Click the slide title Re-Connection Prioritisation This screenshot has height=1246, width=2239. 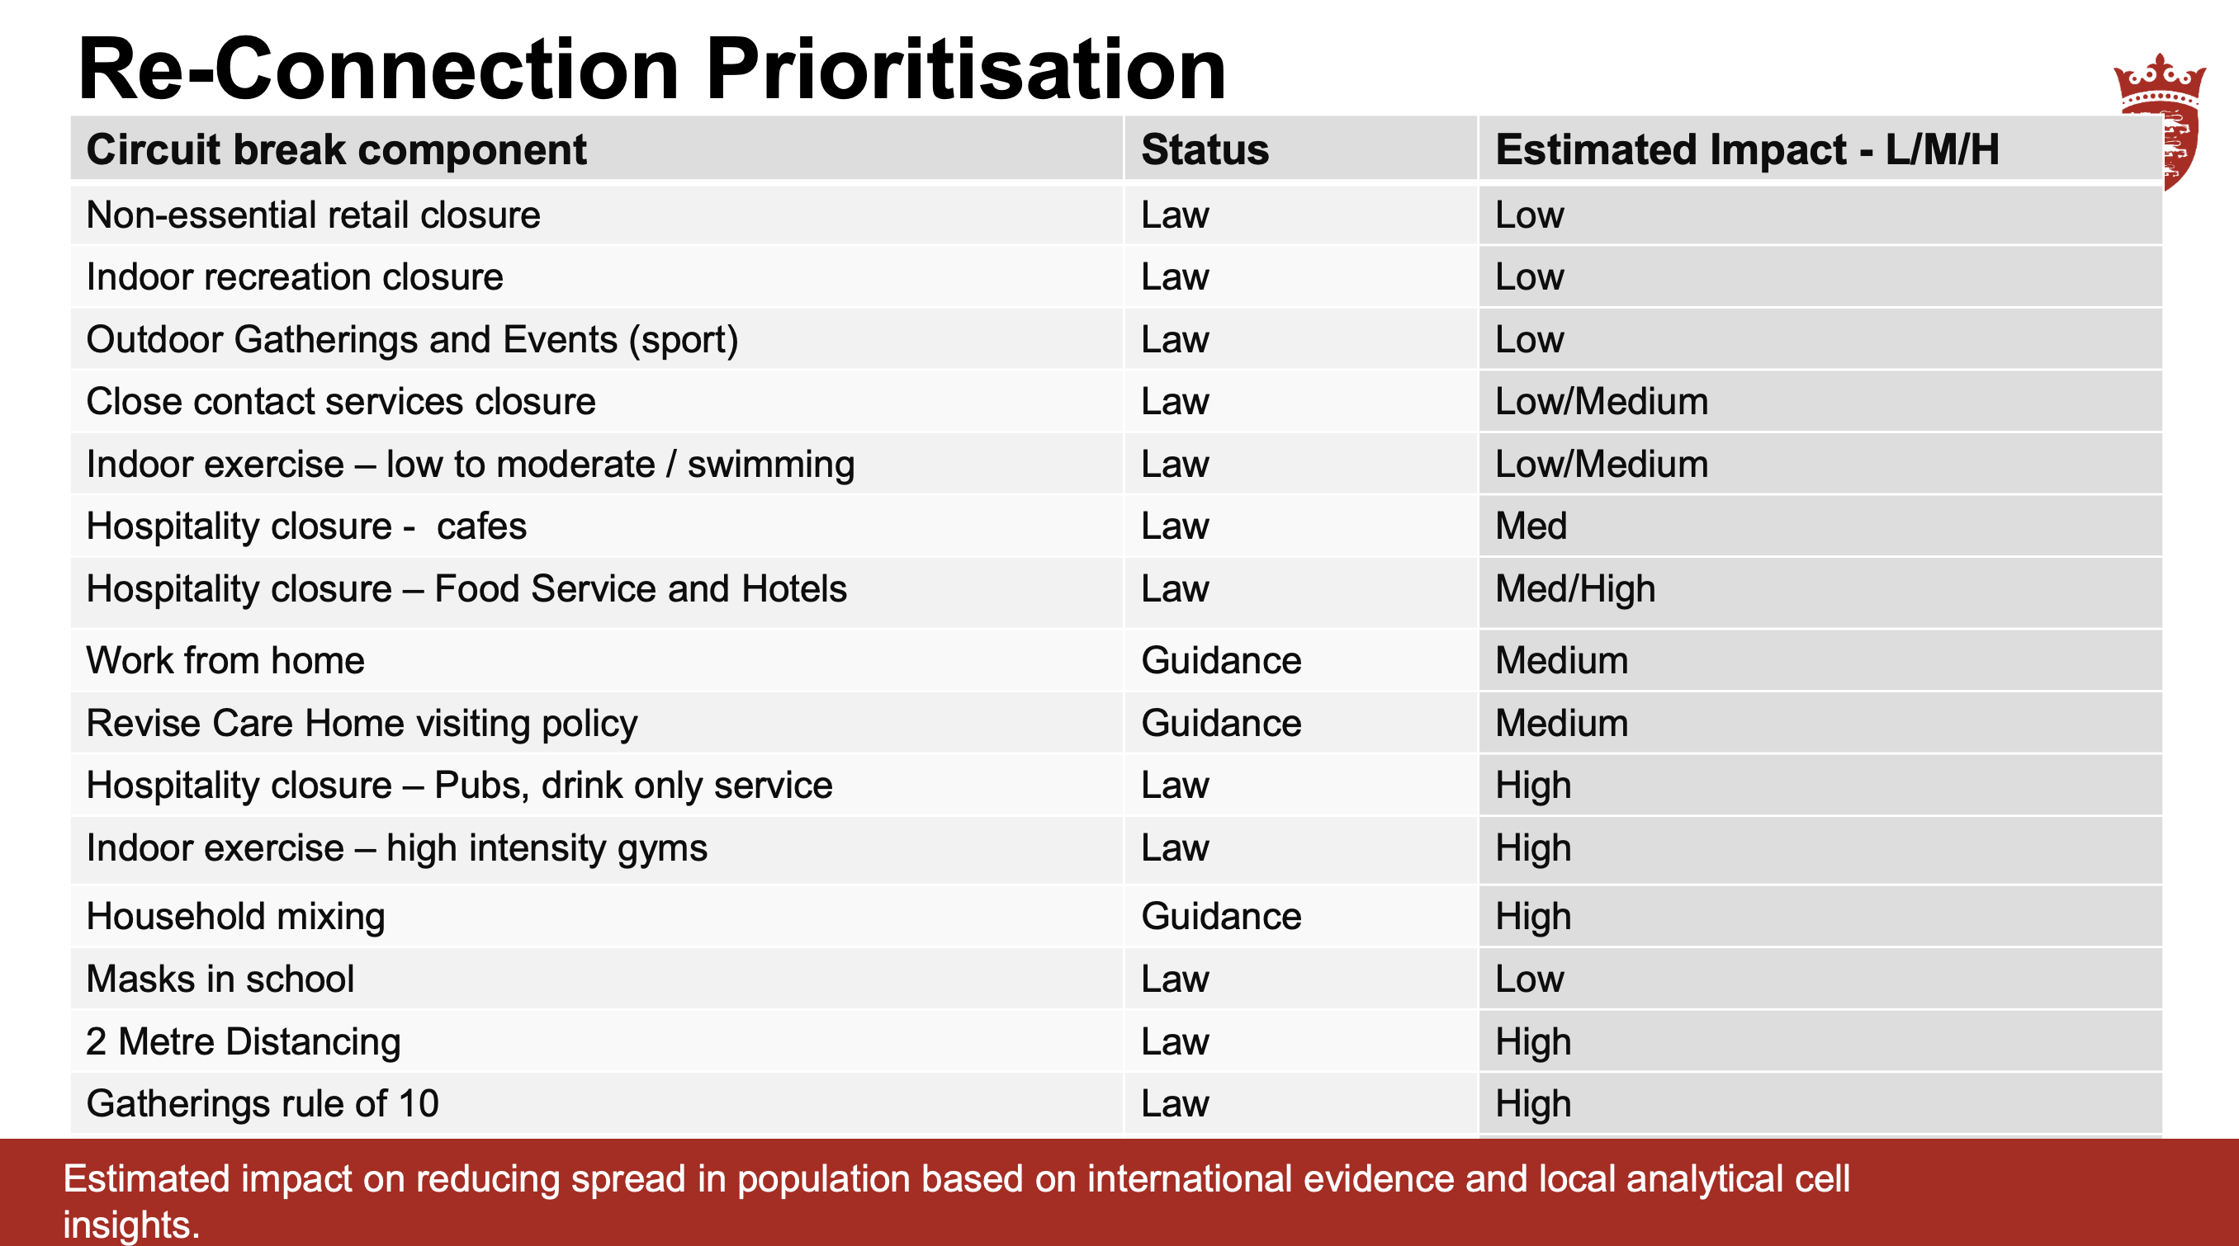[652, 68]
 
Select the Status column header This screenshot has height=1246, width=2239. [1205, 149]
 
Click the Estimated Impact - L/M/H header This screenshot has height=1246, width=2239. [1747, 149]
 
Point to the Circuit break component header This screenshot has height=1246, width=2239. [336, 149]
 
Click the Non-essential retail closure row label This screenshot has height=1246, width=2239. [313, 215]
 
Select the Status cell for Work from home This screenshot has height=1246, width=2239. [1221, 660]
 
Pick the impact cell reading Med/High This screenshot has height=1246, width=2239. [1575, 588]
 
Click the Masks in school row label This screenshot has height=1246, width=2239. [220, 979]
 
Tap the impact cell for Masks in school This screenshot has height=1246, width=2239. [1529, 979]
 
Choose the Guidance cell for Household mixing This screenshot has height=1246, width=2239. [1221, 916]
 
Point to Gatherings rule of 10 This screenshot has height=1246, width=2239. [263, 1103]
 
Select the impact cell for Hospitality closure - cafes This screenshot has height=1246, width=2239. [1531, 526]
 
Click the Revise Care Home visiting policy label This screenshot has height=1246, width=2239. [362, 723]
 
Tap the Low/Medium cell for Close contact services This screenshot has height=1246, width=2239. [1601, 401]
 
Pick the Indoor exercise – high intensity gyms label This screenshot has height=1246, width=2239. [396, 848]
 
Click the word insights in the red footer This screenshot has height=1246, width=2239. [131, 1225]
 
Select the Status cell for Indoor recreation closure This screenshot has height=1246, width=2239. [1174, 277]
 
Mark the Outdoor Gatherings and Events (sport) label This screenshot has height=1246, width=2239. [412, 340]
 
